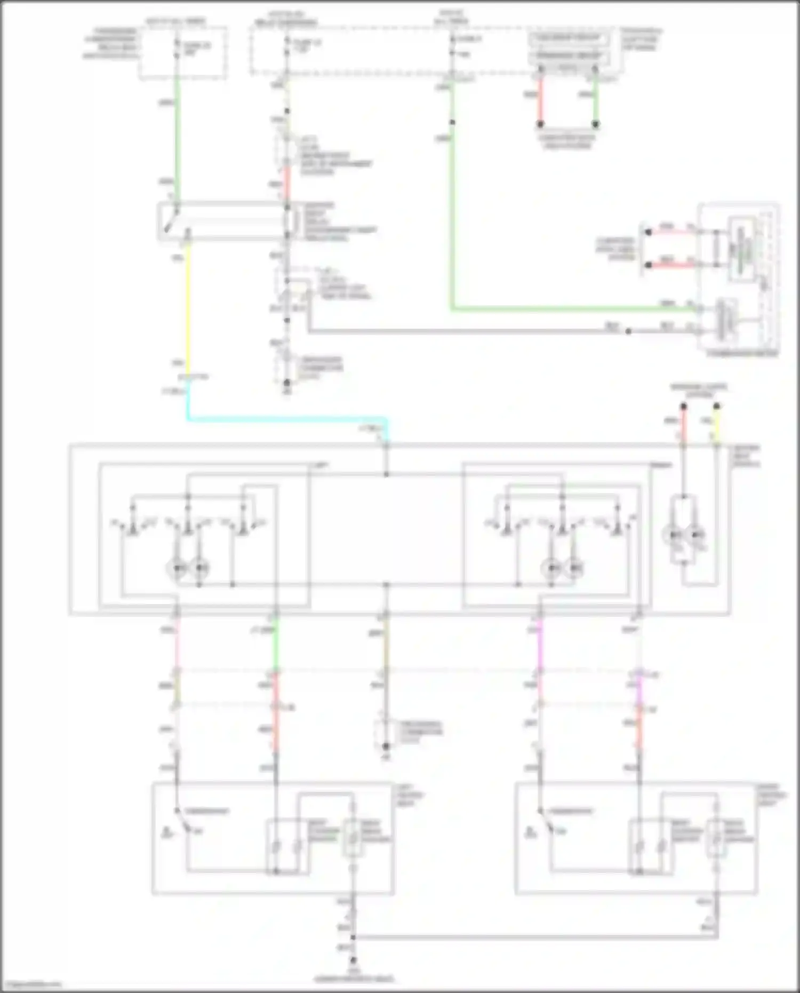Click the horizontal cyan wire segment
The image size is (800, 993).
pos(288,419)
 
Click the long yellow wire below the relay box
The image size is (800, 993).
pos(188,309)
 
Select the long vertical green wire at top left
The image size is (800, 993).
pos(177,139)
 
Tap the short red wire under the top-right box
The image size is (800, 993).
pos(540,99)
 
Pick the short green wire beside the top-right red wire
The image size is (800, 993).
pos(596,99)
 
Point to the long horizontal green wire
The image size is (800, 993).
pos(560,308)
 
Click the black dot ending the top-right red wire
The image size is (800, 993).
pos(540,124)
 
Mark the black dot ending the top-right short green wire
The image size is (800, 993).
pos(596,124)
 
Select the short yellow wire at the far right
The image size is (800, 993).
pos(716,427)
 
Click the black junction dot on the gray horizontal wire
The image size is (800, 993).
pos(628,331)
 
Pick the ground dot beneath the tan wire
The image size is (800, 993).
pos(386,746)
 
